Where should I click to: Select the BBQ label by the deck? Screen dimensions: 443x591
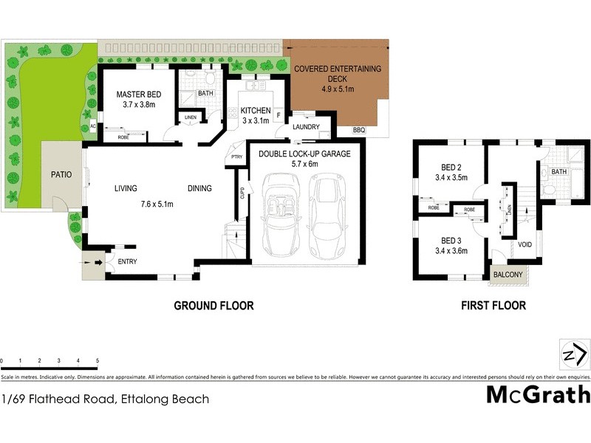pos(359,131)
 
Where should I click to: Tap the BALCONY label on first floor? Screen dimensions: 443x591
pos(508,275)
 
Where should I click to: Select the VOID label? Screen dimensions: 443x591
pos(525,244)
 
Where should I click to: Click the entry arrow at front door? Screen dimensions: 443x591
pos(95,261)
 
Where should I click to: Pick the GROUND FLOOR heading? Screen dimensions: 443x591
pos(213,305)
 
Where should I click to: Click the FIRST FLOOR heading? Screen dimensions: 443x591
pos(493,305)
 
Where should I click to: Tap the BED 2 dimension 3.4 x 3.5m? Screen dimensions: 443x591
pos(451,178)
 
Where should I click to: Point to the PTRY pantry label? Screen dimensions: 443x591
pos(237,157)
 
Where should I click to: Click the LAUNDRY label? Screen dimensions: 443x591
pos(306,127)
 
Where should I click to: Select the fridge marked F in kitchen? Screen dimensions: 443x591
pos(278,115)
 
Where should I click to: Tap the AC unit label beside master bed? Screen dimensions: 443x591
pos(92,126)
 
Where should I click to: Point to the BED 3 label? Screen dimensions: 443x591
pos(451,241)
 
